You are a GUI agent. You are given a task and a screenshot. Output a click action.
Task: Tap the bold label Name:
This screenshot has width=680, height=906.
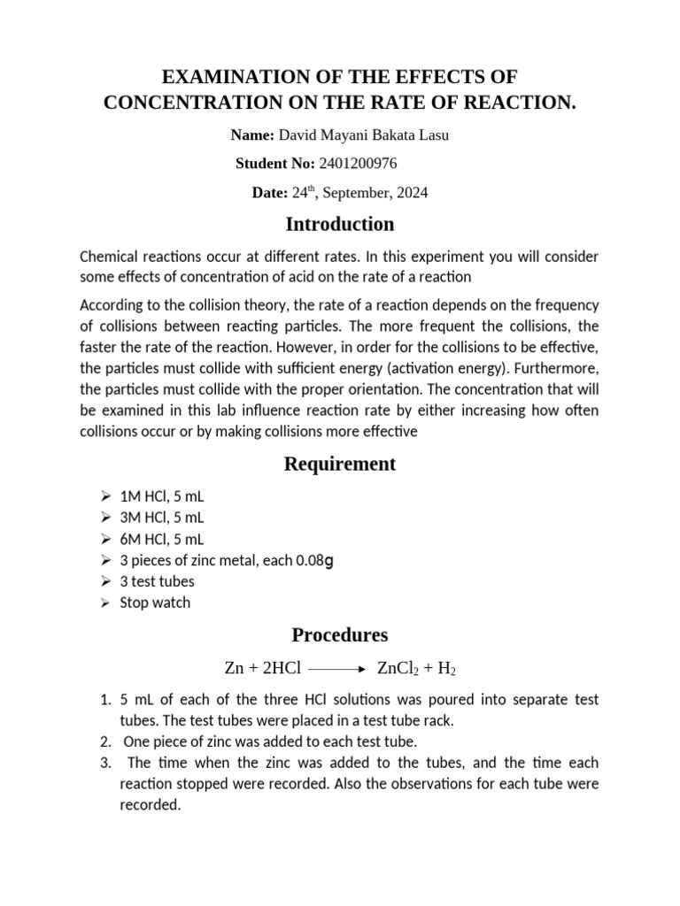[252, 135]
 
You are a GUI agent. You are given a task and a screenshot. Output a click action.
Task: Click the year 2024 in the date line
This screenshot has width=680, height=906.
[413, 193]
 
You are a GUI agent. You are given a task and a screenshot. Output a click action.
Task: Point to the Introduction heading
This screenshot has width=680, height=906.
[339, 224]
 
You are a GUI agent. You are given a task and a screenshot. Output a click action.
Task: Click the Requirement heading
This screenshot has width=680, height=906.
[339, 464]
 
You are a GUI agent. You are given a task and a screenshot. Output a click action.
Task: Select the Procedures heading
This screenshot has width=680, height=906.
[339, 634]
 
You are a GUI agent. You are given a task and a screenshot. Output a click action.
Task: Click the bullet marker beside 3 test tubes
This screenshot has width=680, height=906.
[104, 581]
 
